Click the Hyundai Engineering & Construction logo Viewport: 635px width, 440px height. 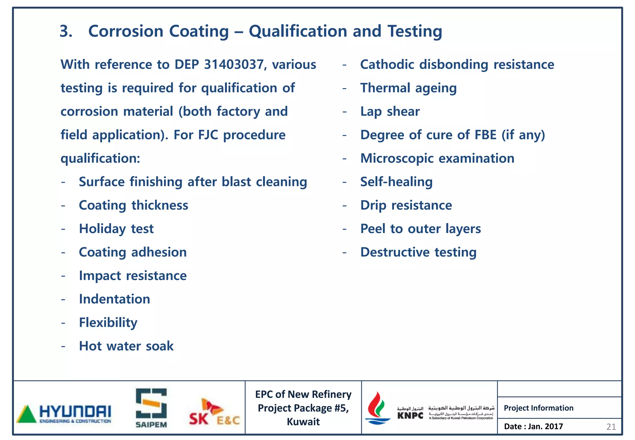[64, 414]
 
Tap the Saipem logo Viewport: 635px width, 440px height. [151, 408]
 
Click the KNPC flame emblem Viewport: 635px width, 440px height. [377, 408]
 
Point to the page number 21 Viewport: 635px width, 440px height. [611, 427]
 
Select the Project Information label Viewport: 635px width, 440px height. [538, 408]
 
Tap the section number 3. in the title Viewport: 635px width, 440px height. [66, 31]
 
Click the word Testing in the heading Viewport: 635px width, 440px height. [415, 31]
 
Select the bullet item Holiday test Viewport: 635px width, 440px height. [116, 229]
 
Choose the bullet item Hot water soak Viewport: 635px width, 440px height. [126, 346]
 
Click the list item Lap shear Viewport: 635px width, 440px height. [390, 111]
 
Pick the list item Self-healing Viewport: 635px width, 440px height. [396, 182]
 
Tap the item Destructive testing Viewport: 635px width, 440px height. [418, 252]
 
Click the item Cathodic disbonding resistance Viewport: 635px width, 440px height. [457, 65]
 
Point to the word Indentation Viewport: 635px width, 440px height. [114, 299]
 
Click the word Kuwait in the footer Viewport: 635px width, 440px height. [303, 422]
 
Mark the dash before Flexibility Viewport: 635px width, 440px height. [63, 323]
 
